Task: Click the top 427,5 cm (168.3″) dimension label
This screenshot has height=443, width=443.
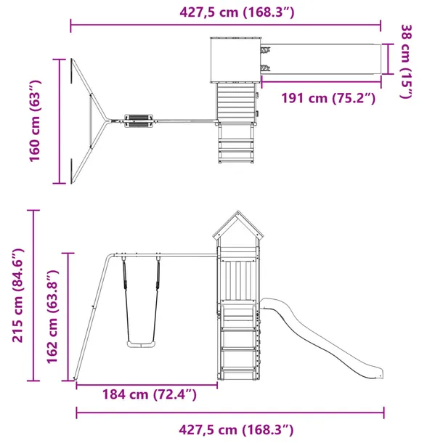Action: point(237,12)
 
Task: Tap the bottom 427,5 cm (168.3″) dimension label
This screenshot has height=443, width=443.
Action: point(236,430)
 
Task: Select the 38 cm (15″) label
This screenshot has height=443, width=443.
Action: point(407,61)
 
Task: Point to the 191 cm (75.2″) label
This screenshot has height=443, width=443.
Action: point(328,98)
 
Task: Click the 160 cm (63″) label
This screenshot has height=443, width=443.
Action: point(36,121)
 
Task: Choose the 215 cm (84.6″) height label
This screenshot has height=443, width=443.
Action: point(17,296)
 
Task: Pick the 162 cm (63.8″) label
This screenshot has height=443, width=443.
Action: point(52,317)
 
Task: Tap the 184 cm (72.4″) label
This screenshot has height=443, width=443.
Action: point(149,394)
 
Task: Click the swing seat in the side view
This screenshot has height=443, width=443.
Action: point(141,344)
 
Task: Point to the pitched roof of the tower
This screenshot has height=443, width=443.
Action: point(238,225)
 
